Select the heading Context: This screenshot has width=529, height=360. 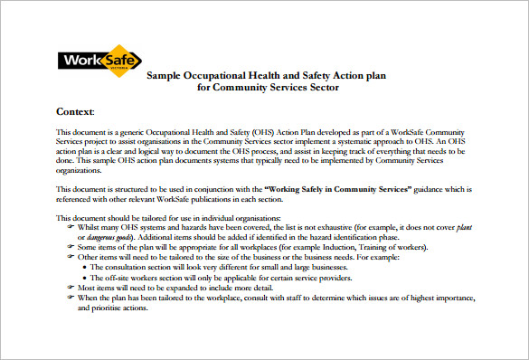click(75, 111)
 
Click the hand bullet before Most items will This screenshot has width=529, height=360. click(71, 287)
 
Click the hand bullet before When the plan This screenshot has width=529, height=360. click(71, 297)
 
